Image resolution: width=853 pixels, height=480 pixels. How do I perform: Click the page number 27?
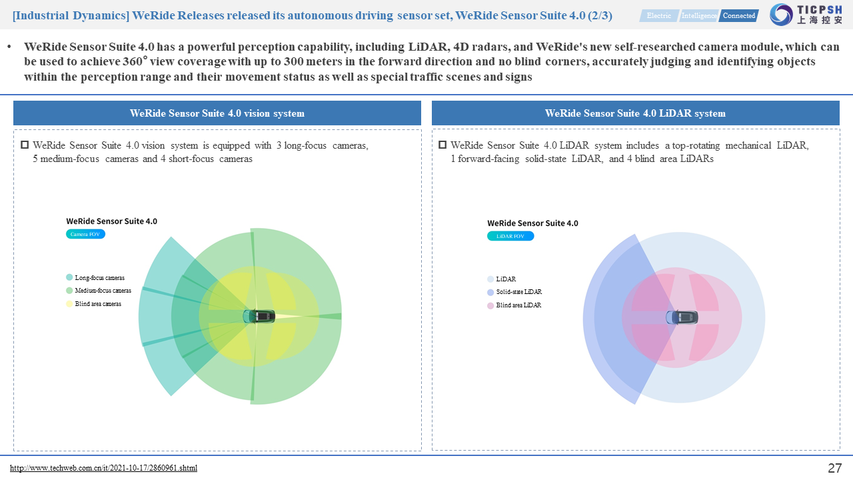pos(835,468)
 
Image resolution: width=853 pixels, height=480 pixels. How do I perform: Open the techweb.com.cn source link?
pos(103,468)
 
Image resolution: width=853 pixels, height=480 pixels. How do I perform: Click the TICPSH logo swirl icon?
pos(781,15)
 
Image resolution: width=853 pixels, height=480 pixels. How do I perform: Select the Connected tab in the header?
pos(739,15)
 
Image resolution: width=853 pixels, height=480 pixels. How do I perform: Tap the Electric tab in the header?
pos(659,15)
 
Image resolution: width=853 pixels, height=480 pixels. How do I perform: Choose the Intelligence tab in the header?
pos(699,15)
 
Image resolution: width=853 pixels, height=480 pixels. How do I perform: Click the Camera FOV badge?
pos(85,234)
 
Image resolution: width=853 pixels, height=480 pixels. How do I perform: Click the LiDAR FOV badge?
pos(510,236)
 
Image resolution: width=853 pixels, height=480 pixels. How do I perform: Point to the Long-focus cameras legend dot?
pos(69,277)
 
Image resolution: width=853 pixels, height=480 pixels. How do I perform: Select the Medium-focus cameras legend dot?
pos(69,290)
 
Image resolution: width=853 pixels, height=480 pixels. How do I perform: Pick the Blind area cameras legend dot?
pos(69,303)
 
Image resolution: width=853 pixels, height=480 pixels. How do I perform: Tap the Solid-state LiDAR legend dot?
pos(490,292)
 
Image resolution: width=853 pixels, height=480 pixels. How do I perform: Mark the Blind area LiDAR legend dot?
pos(490,305)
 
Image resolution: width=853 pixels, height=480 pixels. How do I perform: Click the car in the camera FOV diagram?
pos(259,316)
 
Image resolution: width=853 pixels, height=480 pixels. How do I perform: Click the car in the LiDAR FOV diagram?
pos(682,317)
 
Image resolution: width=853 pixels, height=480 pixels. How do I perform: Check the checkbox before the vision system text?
pos(25,145)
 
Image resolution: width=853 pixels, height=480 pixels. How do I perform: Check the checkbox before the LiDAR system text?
pos(442,145)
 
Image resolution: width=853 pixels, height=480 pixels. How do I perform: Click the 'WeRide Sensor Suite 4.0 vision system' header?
pos(217,113)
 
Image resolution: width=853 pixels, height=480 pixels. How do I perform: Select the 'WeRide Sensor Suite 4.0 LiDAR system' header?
pos(636,113)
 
